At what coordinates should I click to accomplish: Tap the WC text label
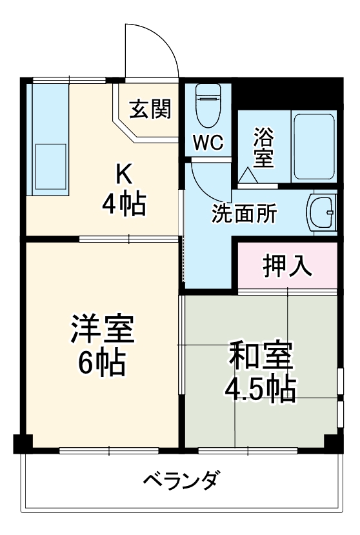pos(208,143)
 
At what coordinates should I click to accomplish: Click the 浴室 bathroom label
pos(263,147)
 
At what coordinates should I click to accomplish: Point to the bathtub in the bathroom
pos(313,147)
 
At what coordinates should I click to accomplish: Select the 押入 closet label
pos(287,265)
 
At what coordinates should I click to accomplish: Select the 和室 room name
pos(261,356)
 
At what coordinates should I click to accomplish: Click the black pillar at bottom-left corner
pos(23,443)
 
